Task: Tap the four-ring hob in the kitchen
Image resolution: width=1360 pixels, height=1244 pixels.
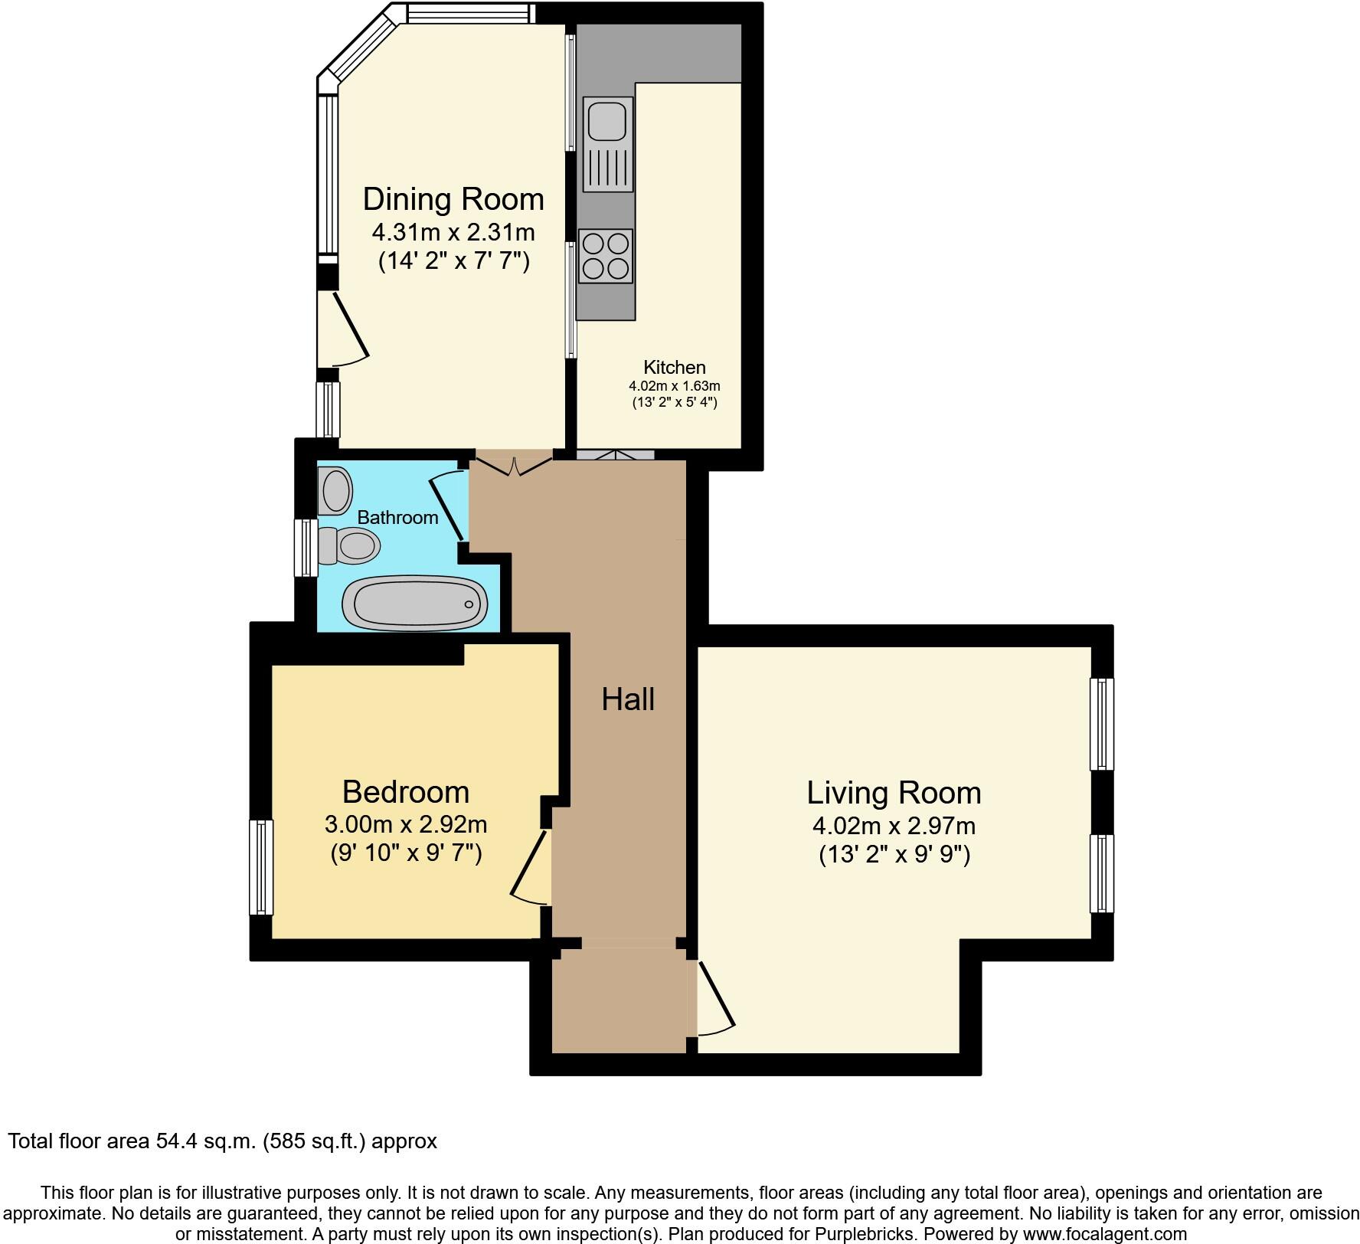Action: pos(606,256)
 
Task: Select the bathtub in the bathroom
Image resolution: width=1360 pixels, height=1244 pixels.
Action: pos(414,603)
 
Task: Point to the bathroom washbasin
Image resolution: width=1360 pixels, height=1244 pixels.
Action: pos(335,490)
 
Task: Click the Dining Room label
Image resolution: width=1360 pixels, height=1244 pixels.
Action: pos(453,199)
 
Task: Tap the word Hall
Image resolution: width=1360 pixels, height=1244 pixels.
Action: pos(628,699)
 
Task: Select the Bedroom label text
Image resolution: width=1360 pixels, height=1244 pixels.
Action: pos(405,791)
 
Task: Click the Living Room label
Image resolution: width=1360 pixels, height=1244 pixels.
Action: pos(894,792)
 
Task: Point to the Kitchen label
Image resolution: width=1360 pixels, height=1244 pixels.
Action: pos(674,367)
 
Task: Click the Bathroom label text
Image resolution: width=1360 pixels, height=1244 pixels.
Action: pos(397,517)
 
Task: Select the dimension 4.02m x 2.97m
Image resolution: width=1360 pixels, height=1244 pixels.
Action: pos(894,826)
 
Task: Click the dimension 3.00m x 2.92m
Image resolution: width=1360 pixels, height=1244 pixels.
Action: pos(406,824)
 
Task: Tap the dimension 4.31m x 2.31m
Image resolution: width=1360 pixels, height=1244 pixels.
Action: pos(453,231)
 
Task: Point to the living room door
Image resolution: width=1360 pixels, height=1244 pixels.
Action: pos(716,996)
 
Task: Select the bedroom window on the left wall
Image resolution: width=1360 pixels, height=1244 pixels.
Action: pos(262,867)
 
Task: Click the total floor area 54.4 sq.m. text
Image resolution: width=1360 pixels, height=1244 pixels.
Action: pos(222,1141)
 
